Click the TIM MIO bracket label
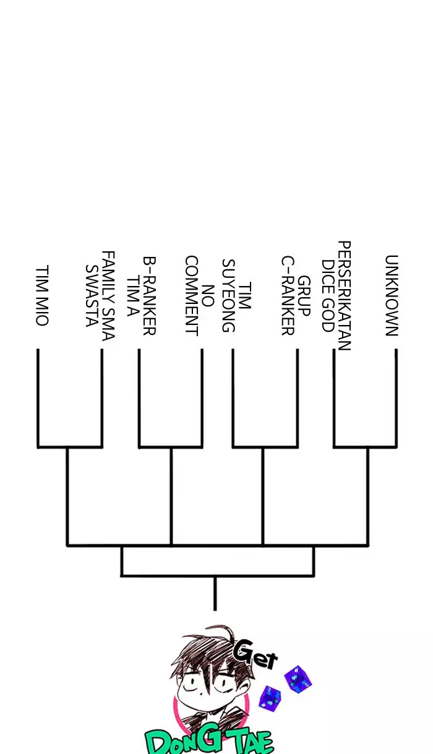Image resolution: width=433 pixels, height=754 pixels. tap(43, 295)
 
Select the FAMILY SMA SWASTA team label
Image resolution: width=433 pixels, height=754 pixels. tap(100, 296)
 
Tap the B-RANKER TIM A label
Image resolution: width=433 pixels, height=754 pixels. tap(141, 296)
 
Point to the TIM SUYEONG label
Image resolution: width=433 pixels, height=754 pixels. tap(236, 296)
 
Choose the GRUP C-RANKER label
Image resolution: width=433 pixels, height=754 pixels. tap(296, 296)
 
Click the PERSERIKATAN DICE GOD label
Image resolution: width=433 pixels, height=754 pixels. tap(336, 296)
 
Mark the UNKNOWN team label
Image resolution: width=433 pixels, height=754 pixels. tap(392, 296)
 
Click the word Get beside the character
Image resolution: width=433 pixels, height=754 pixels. tap(255, 656)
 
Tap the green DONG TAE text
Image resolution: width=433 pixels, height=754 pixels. tap(209, 741)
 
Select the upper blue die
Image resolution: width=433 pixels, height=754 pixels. tap(298, 679)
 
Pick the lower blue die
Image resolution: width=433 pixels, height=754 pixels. tap(270, 698)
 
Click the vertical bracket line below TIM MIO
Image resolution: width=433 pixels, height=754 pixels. tap(38, 398)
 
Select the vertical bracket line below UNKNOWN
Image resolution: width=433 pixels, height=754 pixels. tap(396, 398)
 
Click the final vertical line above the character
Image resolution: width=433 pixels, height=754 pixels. tap(215, 594)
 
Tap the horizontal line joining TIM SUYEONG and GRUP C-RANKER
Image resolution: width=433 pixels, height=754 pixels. tap(265, 447)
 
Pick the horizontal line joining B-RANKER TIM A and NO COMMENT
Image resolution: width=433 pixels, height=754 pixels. tap(171, 447)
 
